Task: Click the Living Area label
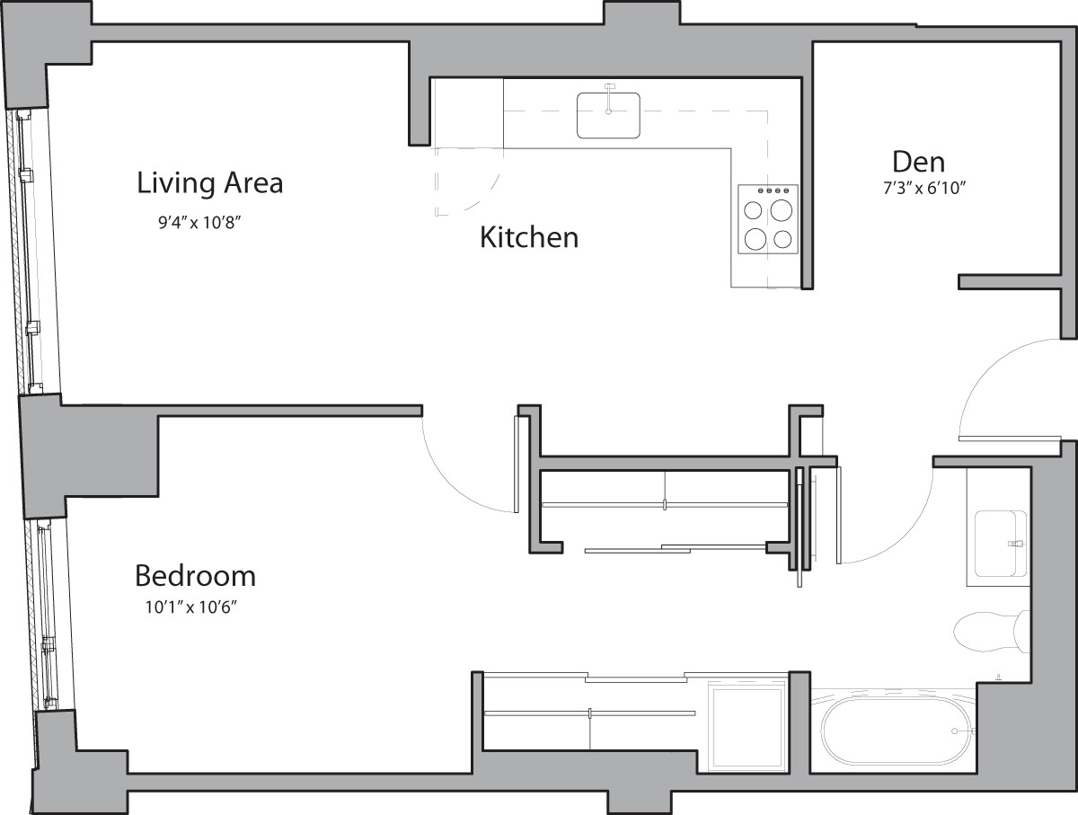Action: click(209, 183)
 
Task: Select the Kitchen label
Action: click(528, 238)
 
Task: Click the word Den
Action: click(918, 162)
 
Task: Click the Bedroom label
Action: click(195, 575)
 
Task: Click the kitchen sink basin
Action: click(608, 114)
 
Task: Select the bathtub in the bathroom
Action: click(898, 731)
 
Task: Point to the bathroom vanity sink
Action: click(999, 545)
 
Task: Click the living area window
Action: click(30, 252)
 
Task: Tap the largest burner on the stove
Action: click(782, 210)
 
